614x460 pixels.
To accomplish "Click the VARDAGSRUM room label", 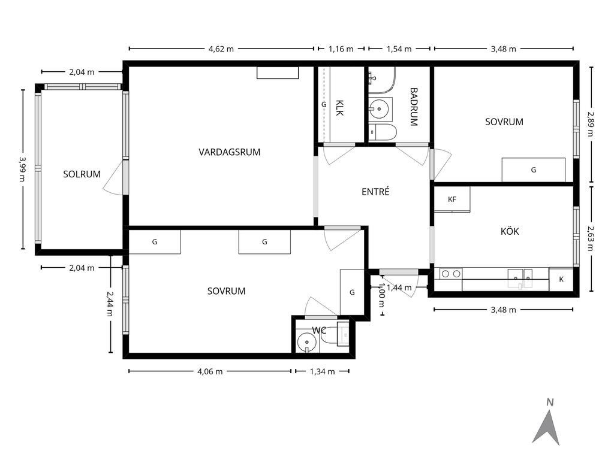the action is [230, 152].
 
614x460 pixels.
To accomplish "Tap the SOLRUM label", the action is [82, 174].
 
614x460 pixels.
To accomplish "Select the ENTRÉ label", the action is [375, 192].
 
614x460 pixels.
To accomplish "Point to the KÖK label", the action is [510, 231].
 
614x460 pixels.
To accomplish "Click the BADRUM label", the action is [414, 107].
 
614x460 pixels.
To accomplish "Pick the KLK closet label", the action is [339, 108].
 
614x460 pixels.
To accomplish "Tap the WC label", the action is [319, 331].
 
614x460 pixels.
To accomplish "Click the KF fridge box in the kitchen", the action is [452, 199].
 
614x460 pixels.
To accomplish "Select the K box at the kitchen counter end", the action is [561, 279].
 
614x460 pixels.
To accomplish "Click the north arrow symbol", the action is [547, 423].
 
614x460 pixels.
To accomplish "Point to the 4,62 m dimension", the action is [221, 49].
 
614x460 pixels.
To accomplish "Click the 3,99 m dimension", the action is [23, 170].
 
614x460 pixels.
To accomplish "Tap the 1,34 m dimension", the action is [322, 371].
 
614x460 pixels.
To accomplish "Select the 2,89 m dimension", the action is [591, 125].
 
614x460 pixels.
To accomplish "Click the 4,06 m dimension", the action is [210, 371].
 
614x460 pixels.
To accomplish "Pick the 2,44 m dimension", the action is [110, 304].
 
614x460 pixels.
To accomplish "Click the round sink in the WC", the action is [306, 343].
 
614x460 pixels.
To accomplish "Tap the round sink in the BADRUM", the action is [380, 108].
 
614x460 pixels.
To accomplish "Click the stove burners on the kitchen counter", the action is [451, 274].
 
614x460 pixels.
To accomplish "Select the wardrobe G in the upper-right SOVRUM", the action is [533, 170].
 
